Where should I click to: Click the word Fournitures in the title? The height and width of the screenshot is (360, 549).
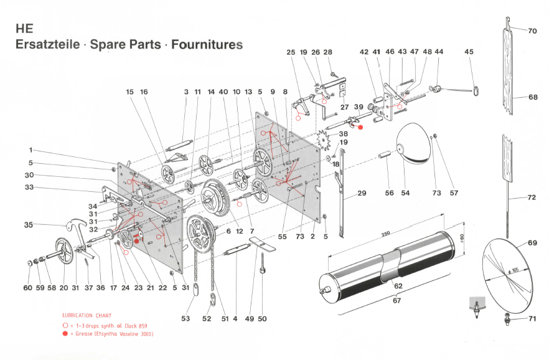point(207,45)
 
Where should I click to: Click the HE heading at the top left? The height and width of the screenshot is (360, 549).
point(24,29)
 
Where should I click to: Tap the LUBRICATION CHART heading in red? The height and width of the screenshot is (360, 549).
point(87,316)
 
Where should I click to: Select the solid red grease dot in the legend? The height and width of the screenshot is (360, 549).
point(65,334)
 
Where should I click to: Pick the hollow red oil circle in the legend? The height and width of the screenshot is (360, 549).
point(65,326)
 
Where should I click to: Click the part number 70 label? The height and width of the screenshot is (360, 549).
point(532,31)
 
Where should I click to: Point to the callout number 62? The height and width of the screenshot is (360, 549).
point(398,286)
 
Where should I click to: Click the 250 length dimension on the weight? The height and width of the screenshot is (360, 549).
point(385,234)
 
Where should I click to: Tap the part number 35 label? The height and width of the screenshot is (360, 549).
point(29,225)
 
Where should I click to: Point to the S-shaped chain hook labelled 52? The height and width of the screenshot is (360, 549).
point(212,300)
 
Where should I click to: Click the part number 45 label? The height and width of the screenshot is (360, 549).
point(469,52)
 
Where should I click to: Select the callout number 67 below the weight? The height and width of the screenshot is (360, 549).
point(396,300)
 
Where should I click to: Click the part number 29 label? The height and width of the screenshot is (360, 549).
point(362,193)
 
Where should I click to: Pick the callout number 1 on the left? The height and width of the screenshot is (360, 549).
point(31,150)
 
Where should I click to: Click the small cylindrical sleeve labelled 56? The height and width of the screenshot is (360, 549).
point(385,154)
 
